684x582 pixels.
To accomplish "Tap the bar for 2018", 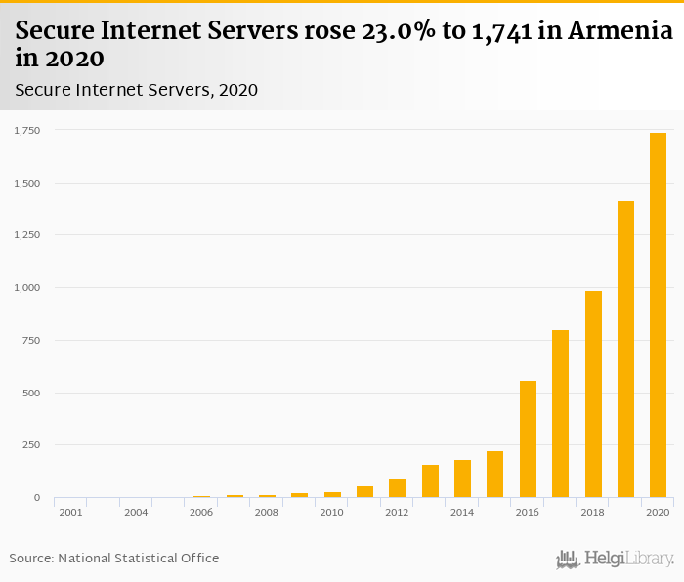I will [x=593, y=395].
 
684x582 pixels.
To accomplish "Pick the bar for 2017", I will [x=560, y=414].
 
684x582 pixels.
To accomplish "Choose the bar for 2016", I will [x=528, y=439].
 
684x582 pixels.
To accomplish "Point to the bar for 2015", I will [x=495, y=475].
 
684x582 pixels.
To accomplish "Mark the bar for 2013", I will [x=430, y=481].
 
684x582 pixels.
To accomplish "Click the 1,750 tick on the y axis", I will [x=26, y=130].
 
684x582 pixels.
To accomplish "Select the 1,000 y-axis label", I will [x=26, y=288].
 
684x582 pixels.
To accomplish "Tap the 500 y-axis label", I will [x=31, y=394].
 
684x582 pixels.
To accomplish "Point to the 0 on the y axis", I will [x=37, y=498].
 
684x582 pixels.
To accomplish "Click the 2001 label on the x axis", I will [x=70, y=512].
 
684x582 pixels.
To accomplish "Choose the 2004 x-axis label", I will [x=136, y=512].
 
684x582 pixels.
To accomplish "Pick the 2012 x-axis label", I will [x=397, y=512].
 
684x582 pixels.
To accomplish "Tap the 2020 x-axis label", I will [x=658, y=512].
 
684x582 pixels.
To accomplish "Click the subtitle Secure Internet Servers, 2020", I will [x=137, y=90].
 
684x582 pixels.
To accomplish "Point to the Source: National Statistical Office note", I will [x=114, y=559].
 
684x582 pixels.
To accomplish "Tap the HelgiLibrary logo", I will [x=616, y=559].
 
